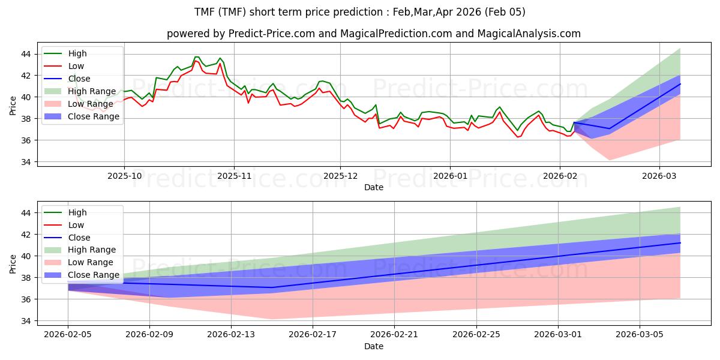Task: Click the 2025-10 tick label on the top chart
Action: click(124, 176)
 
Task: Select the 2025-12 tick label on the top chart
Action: click(340, 176)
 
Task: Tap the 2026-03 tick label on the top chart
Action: click(659, 176)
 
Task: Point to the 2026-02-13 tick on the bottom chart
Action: click(231, 335)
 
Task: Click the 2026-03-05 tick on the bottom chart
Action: click(640, 335)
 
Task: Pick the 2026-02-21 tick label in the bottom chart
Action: click(394, 335)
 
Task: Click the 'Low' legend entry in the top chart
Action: click(76, 66)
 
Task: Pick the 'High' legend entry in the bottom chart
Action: click(77, 212)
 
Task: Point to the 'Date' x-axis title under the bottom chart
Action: click(374, 346)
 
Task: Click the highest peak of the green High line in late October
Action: click(196, 57)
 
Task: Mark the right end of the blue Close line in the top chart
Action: click(680, 83)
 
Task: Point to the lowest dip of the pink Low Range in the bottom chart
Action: click(272, 319)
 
